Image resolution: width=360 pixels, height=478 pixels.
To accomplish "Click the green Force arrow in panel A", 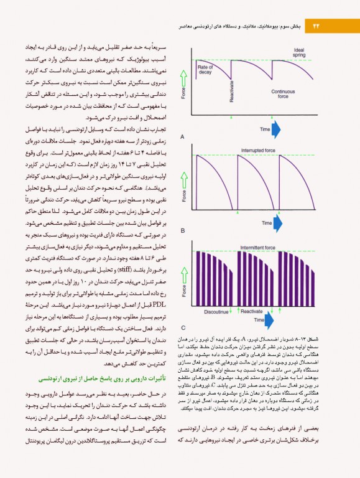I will (183, 81).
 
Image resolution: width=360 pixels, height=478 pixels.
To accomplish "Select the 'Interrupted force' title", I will (262, 150).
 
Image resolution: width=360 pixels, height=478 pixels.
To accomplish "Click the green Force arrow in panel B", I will (183, 177).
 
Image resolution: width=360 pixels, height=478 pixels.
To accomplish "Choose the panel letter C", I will (182, 327).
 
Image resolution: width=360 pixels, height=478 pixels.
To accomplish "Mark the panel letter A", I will (182, 136).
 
